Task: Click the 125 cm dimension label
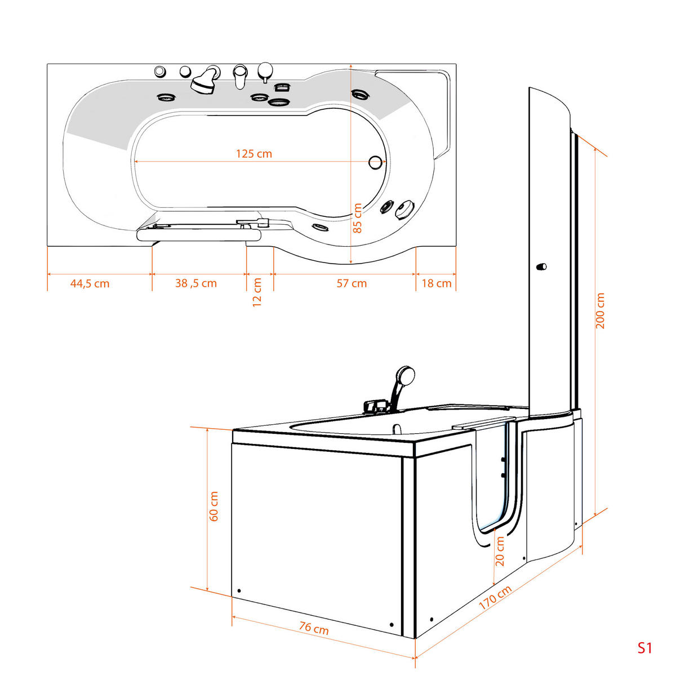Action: click(253, 154)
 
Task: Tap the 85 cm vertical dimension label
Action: click(357, 218)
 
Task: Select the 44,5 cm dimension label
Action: click(90, 283)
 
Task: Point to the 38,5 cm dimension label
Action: click(195, 283)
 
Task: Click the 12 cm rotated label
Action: click(257, 292)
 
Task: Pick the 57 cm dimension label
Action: click(352, 283)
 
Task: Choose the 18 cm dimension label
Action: click(437, 283)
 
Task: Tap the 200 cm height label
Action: click(600, 311)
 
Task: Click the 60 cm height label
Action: click(214, 506)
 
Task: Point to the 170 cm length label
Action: click(495, 598)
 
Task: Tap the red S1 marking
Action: click(644, 648)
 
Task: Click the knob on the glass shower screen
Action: click(542, 266)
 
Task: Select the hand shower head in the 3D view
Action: click(406, 374)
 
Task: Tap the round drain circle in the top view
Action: click(375, 163)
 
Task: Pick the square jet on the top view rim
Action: click(282, 87)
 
